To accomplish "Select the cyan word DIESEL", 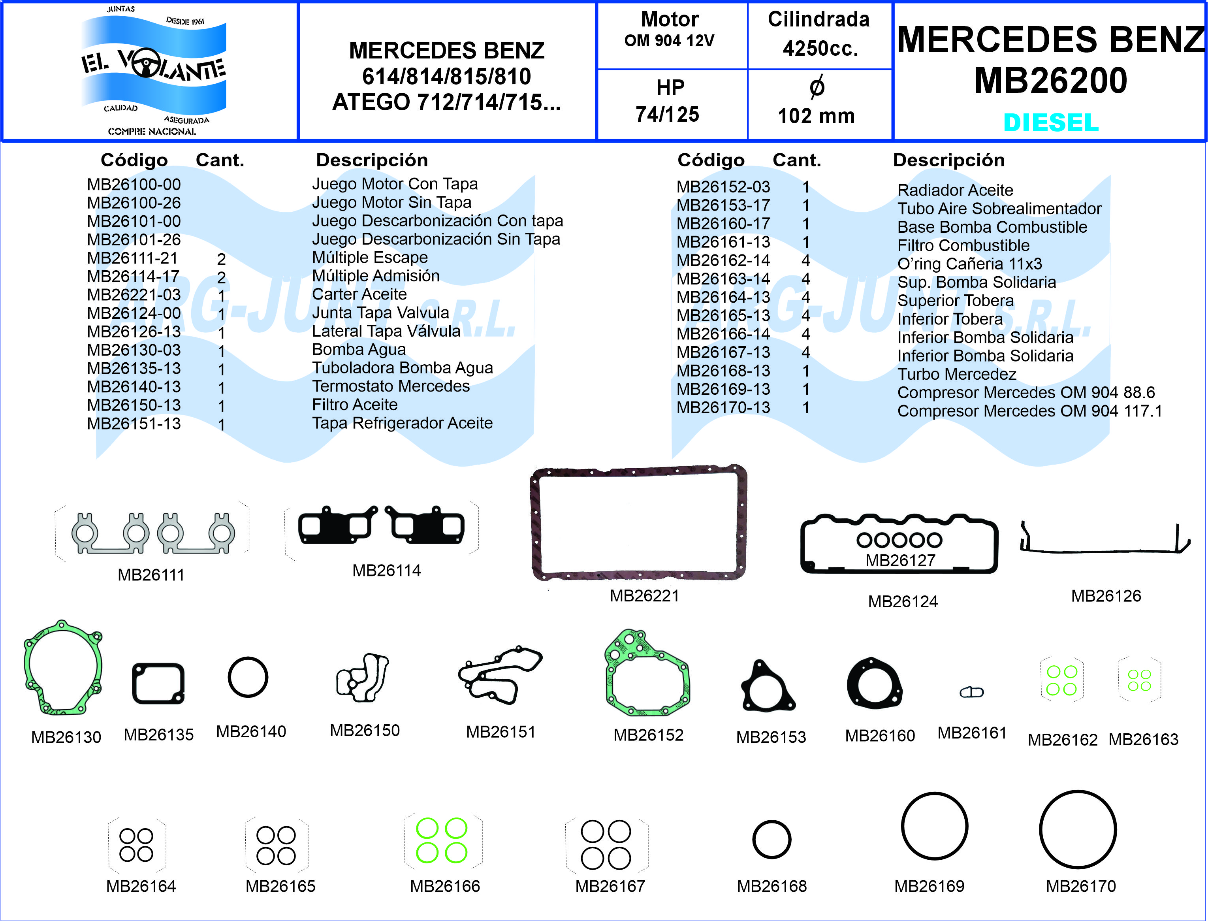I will click(1051, 122).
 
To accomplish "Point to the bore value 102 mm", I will click(816, 116).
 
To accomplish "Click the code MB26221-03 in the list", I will click(134, 295).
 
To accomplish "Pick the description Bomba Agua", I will click(359, 349).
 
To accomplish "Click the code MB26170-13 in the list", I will click(723, 407).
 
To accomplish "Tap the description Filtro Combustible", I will click(963, 245).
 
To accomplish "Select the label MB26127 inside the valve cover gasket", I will click(900, 560).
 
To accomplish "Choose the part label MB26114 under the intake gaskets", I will click(386, 570).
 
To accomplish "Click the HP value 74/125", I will click(667, 114).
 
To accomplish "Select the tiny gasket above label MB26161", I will click(971, 692).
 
